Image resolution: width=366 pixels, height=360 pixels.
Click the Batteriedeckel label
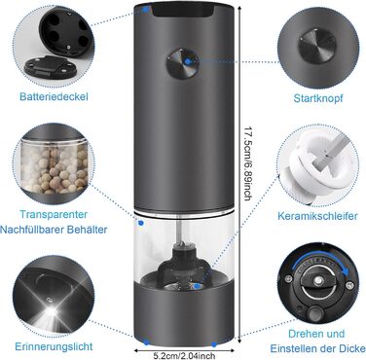click(54, 96)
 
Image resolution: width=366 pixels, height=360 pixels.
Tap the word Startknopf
click(318, 98)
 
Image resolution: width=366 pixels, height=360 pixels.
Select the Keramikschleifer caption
click(317, 216)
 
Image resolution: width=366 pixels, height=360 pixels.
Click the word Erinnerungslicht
click(54, 346)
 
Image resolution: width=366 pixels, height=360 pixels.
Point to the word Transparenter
click(54, 214)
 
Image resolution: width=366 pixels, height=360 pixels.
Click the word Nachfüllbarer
click(32, 230)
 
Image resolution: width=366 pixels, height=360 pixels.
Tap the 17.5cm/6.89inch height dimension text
click(248, 162)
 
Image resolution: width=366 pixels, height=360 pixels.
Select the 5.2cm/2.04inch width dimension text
click(184, 356)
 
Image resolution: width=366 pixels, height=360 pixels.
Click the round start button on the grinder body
click(183, 63)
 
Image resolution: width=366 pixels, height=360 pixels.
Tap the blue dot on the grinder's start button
click(188, 60)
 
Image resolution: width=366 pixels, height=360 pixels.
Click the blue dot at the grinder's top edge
click(146, 10)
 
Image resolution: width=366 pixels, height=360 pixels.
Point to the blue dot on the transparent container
click(141, 223)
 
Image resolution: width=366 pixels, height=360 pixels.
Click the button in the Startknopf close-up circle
click(317, 47)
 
